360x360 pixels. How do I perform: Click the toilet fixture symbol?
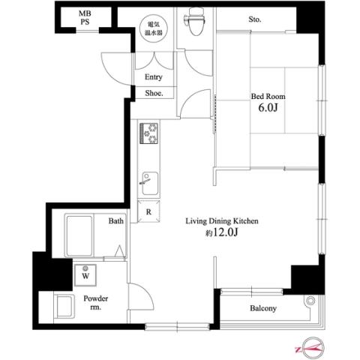[x=195, y=21]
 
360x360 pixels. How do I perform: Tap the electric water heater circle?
[x=154, y=28]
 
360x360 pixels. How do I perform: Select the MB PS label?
[x=85, y=17]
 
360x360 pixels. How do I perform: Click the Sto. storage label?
[x=255, y=19]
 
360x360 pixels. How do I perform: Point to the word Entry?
[x=154, y=77]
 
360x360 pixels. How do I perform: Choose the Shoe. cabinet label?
[x=154, y=93]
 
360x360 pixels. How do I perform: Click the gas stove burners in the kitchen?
[x=148, y=133]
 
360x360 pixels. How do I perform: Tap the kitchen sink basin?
[x=150, y=183]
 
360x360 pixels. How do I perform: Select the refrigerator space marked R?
[x=148, y=211]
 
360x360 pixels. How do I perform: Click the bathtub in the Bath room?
[x=79, y=235]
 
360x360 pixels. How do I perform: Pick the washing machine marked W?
[x=85, y=274]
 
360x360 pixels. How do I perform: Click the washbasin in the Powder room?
[x=64, y=306]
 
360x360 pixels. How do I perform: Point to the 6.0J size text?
[x=268, y=108]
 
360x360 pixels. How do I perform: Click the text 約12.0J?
[x=221, y=232]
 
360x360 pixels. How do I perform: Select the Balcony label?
[x=263, y=308]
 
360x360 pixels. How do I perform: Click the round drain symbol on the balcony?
[x=310, y=300]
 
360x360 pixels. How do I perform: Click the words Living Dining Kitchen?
[x=222, y=221]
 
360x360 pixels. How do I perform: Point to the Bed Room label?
[x=268, y=96]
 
